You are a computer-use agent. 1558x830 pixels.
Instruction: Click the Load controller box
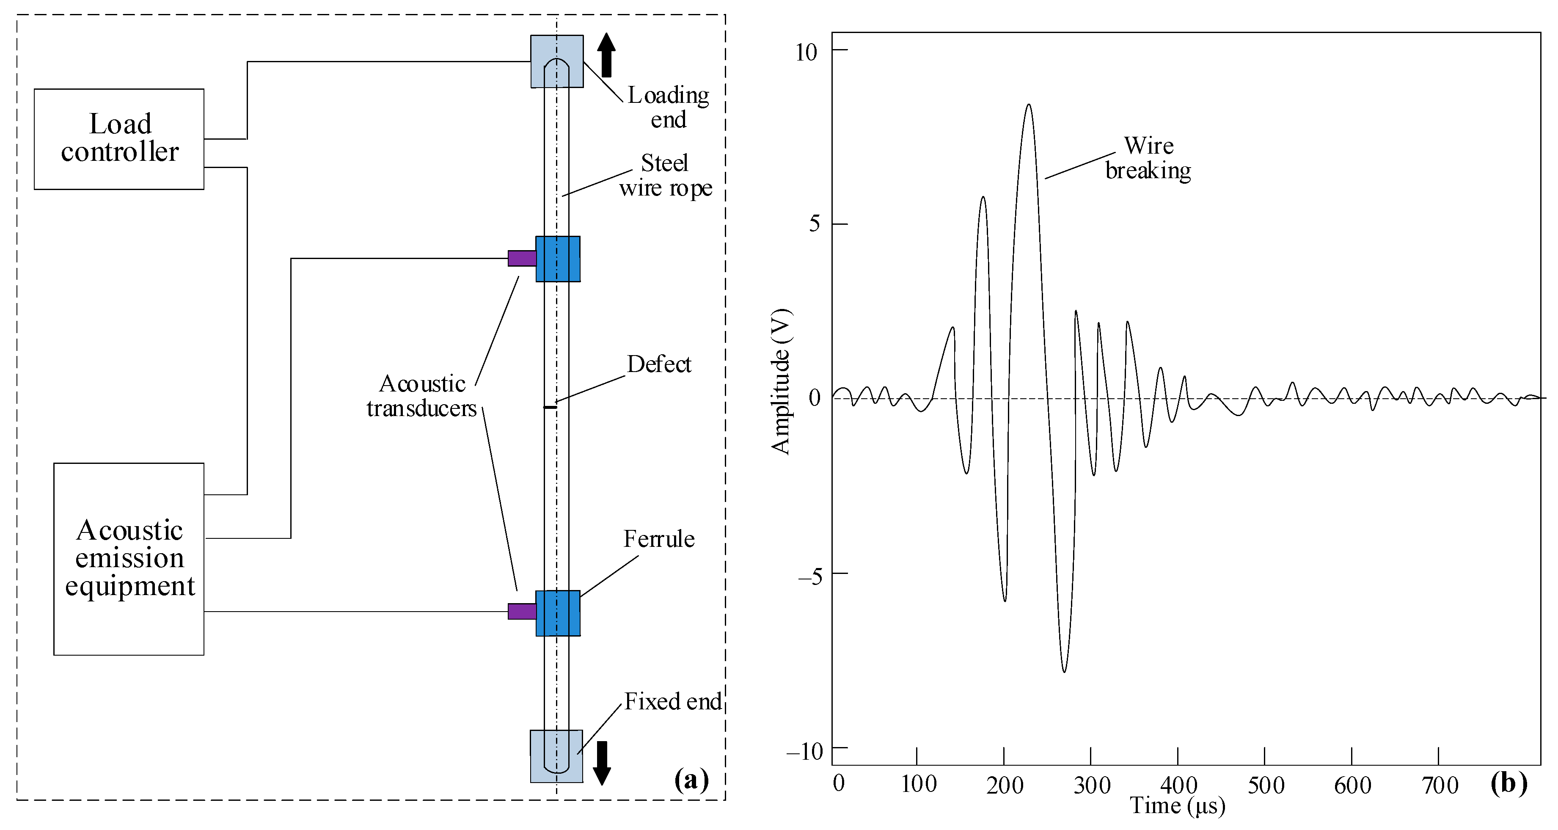point(119,139)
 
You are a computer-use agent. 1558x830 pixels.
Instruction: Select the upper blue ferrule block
point(558,259)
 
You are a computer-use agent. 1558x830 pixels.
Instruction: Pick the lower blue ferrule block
point(558,613)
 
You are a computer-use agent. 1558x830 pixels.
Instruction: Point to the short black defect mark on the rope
point(551,407)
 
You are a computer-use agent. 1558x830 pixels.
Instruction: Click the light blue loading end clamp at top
point(557,61)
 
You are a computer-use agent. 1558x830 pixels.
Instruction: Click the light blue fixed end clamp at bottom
point(556,756)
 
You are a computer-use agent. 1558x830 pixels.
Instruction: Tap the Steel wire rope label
point(665,175)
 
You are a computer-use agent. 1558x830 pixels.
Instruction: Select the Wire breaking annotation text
point(1148,158)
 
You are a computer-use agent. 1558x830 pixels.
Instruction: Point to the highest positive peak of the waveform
point(1028,105)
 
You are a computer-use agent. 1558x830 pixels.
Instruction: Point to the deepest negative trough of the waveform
point(1064,672)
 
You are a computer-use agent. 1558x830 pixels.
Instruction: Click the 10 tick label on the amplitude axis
point(806,52)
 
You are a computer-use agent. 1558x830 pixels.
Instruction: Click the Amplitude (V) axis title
point(781,382)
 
